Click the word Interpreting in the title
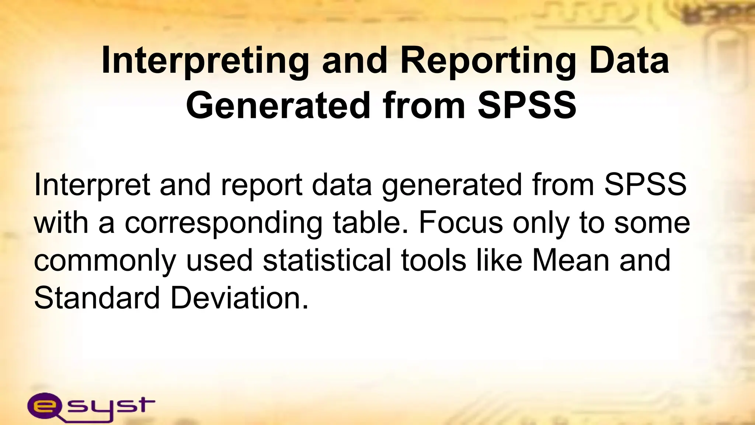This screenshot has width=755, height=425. (x=205, y=61)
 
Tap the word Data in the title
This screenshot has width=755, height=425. (x=629, y=61)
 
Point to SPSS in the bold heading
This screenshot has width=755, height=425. (x=527, y=106)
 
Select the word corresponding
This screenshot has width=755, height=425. (x=223, y=224)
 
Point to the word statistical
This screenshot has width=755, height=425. (x=327, y=260)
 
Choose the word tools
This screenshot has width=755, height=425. (x=434, y=260)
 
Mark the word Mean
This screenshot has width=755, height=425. (x=570, y=260)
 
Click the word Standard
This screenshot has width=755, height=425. (x=97, y=298)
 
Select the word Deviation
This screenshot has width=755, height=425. (x=239, y=298)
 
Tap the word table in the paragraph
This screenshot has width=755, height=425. (x=371, y=223)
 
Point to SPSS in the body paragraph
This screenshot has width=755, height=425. (x=645, y=184)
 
